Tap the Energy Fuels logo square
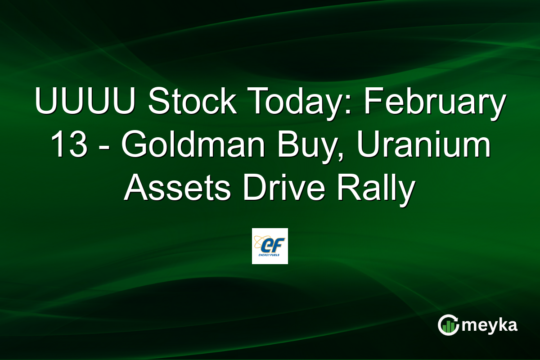[270, 246]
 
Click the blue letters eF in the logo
[271, 244]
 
